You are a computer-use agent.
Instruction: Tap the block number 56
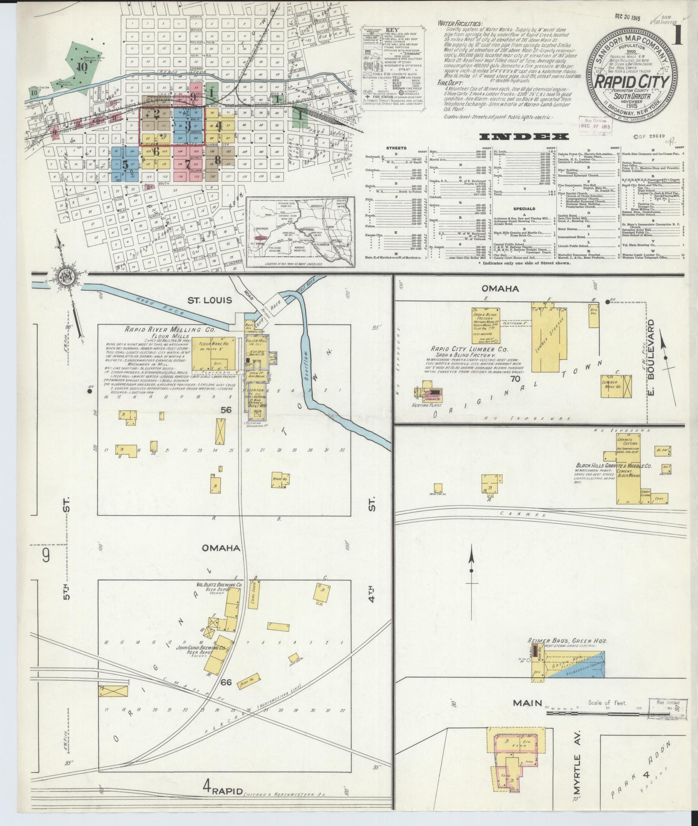pos(226,410)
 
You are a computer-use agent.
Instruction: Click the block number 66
pos(226,681)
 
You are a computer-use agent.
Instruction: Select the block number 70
pos(515,379)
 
